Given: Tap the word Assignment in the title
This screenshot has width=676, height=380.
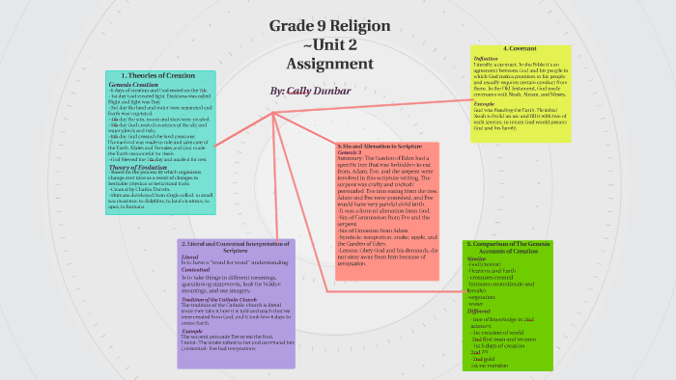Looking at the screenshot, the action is pyautogui.click(x=329, y=64).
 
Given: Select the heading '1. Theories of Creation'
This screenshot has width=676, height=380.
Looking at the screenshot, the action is pyautogui.click(x=161, y=76).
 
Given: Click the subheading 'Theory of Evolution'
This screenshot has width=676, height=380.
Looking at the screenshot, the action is pyautogui.click(x=136, y=165).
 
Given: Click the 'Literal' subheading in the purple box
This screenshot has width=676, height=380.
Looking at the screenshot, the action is pyautogui.click(x=190, y=258).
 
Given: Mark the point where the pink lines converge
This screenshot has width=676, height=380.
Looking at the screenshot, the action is pyautogui.click(x=273, y=114).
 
